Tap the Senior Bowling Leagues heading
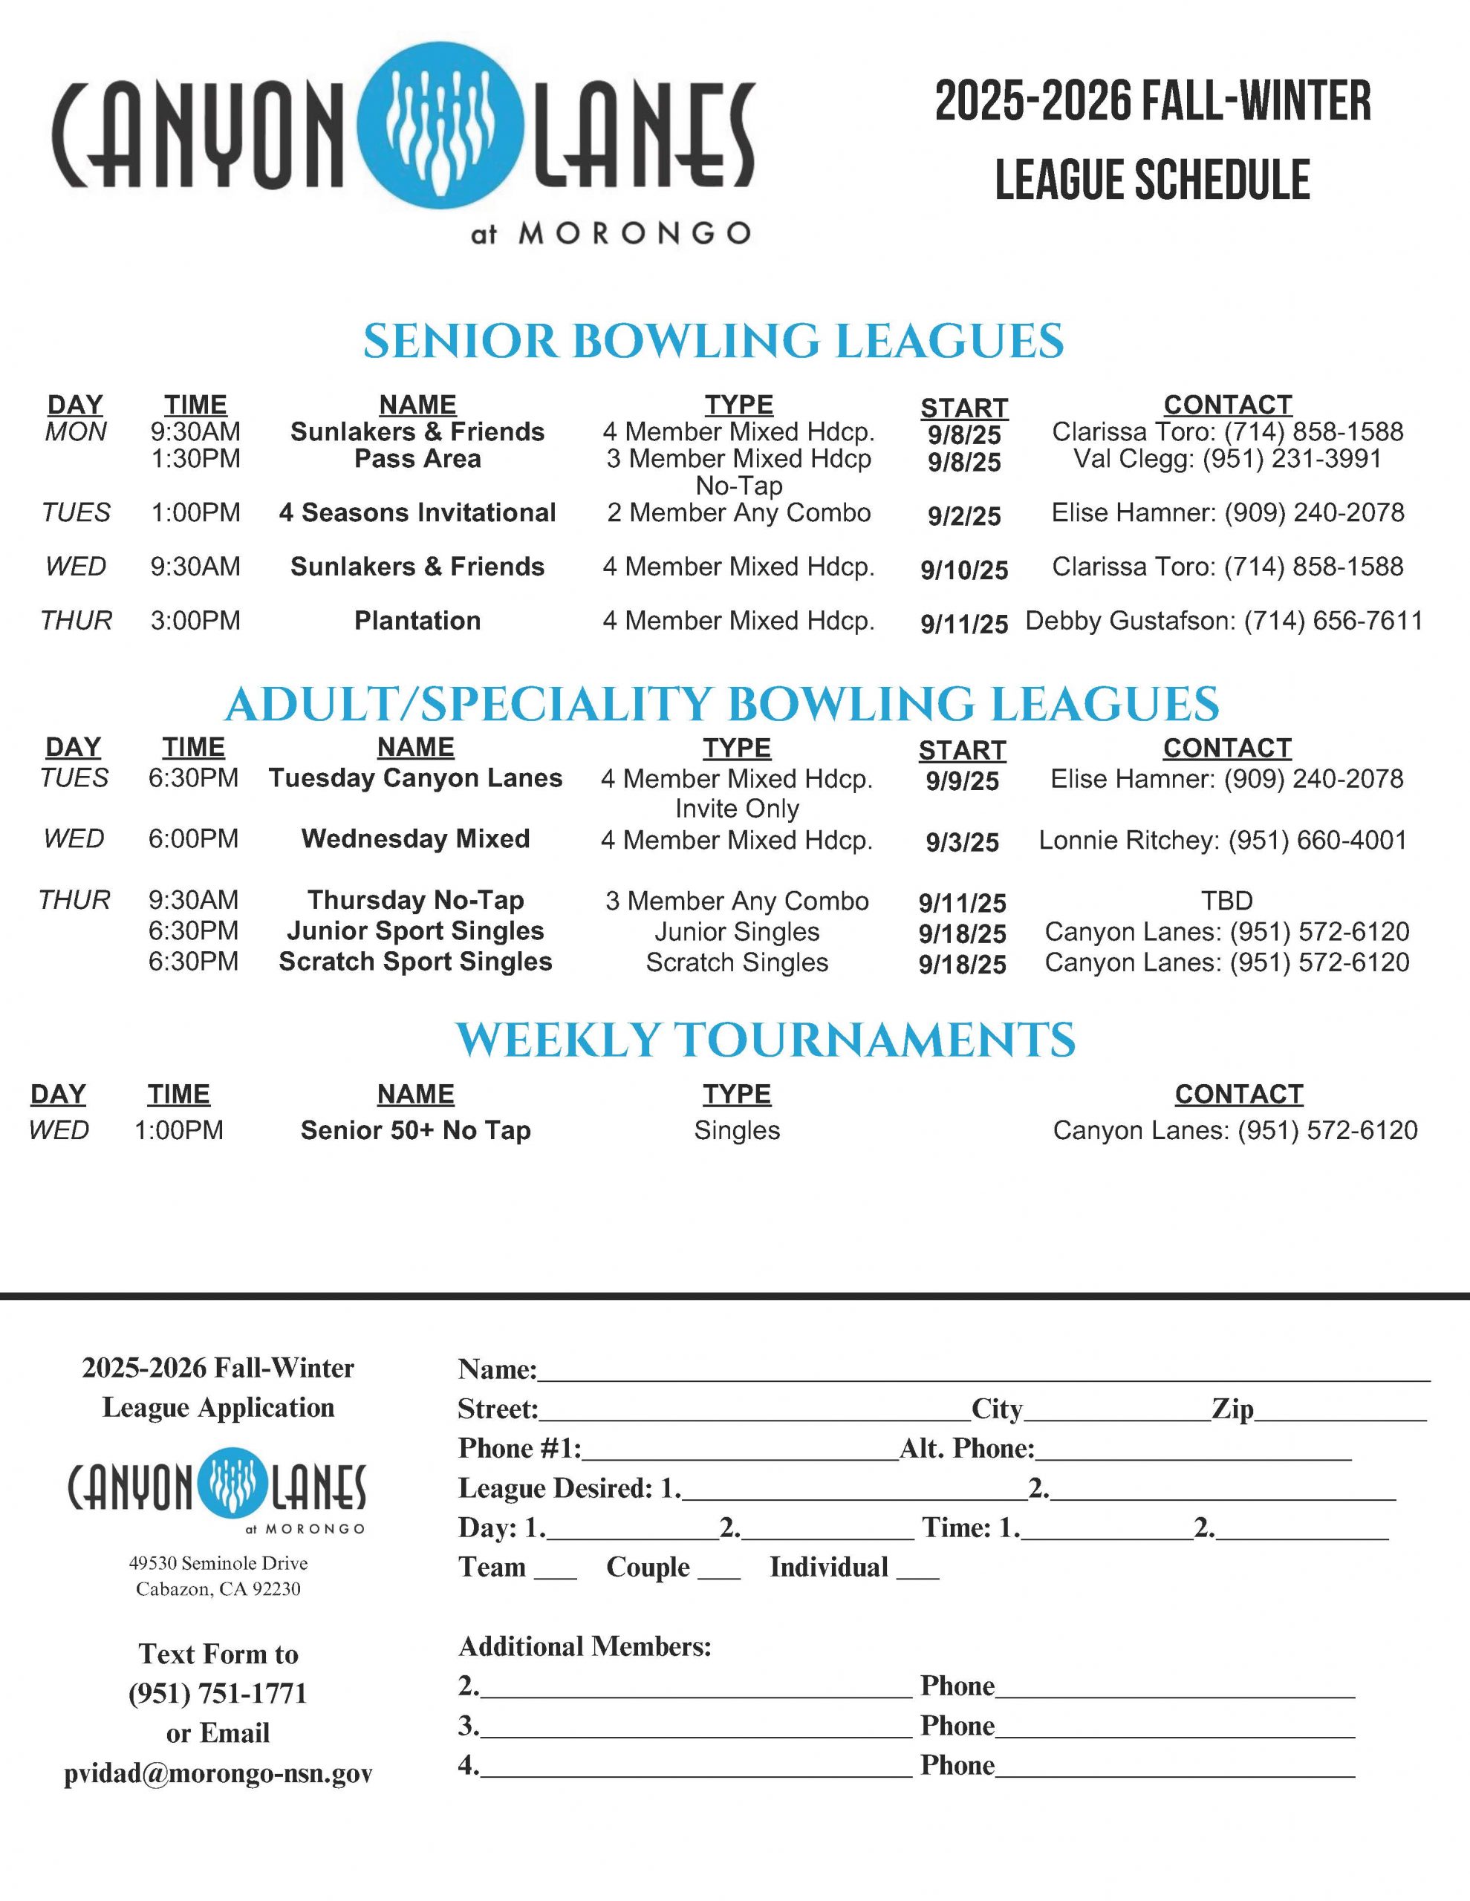pos(713,340)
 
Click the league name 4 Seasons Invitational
pos(417,512)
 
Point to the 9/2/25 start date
pos(964,516)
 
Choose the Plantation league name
pos(417,621)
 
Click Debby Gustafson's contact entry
pos(1223,621)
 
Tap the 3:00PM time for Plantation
pos(195,621)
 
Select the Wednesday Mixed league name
pos(415,838)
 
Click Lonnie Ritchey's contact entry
pos(1223,840)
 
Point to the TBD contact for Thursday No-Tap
pos(1226,901)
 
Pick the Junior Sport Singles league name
pos(415,931)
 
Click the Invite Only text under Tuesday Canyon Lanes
pos(737,809)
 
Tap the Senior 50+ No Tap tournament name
pos(415,1131)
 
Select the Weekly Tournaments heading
pos(766,1040)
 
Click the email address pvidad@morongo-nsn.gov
pos(218,1773)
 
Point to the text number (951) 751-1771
pos(218,1694)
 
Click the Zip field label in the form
pos(1232,1409)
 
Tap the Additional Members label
pos(585,1647)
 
